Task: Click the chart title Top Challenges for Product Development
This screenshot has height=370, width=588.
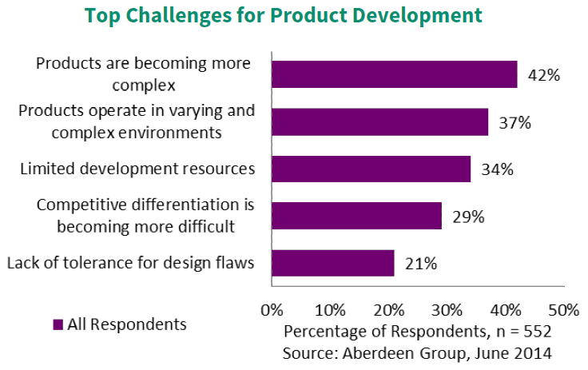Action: coord(295,15)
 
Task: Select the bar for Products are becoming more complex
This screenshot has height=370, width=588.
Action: coord(394,74)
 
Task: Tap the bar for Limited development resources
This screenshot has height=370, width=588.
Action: coord(371,169)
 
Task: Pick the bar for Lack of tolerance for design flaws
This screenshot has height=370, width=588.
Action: coord(332,263)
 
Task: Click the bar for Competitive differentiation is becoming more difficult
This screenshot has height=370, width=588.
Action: coord(356,216)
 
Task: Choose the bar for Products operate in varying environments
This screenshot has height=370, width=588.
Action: coord(379,121)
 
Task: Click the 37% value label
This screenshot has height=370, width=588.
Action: coord(514,123)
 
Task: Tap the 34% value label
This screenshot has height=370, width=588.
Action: coord(497,169)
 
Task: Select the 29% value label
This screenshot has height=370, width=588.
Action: coord(468,217)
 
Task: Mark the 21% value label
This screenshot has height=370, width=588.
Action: coord(420,264)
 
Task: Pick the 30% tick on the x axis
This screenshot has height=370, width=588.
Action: coord(447,309)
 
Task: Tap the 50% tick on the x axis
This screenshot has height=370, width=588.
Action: coord(563,309)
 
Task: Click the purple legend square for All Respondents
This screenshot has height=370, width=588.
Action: coord(58,324)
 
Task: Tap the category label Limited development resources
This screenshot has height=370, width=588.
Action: coord(137,169)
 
